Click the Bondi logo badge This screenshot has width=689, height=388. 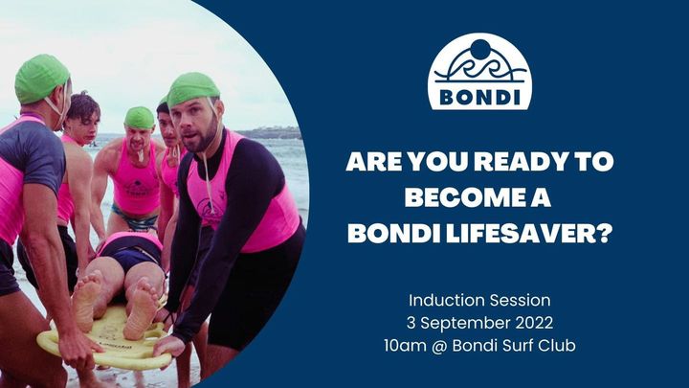[479, 72]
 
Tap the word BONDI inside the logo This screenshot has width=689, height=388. [479, 97]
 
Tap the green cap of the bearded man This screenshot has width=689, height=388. [195, 89]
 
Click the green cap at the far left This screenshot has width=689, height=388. [41, 77]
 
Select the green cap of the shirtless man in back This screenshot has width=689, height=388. [140, 118]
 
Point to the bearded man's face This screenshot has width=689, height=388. [201, 128]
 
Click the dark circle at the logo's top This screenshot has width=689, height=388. [479, 50]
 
